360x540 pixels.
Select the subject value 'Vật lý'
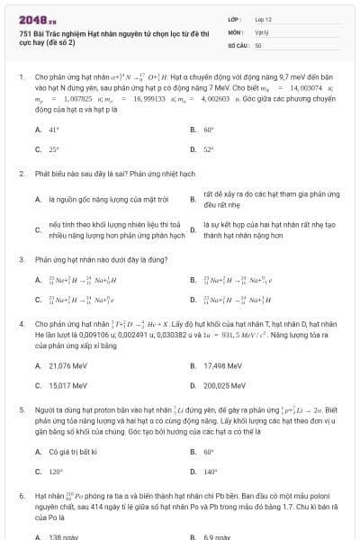(262, 31)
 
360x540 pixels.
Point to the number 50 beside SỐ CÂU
(258, 44)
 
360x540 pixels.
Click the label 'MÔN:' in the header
(236, 31)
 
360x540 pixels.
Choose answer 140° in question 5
(211, 471)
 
